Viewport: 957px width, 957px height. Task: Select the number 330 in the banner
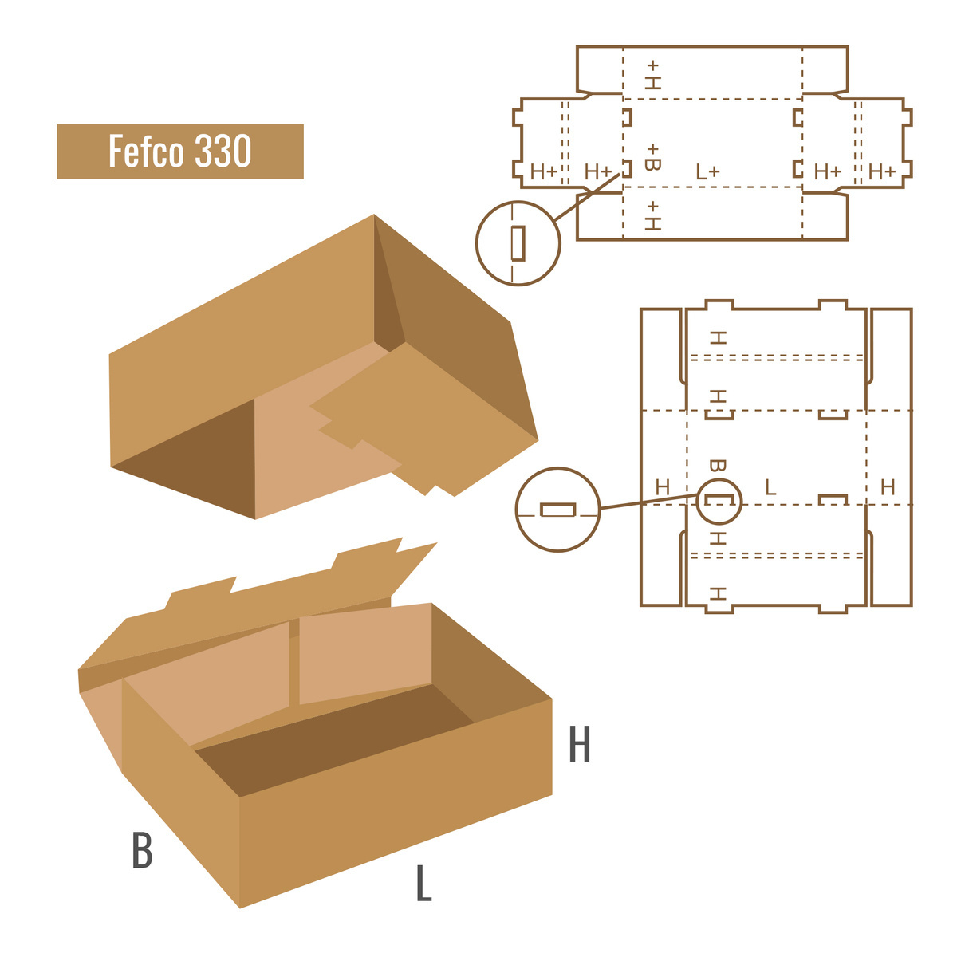223,151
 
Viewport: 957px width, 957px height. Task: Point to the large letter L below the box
423,883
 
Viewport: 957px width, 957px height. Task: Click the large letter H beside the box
579,743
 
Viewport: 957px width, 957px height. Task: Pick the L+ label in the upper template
707,171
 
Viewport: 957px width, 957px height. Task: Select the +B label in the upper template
652,157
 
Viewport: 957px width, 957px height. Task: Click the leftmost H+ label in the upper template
544,171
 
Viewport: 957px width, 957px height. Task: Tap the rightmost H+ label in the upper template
881,171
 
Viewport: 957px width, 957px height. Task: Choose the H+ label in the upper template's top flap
652,75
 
